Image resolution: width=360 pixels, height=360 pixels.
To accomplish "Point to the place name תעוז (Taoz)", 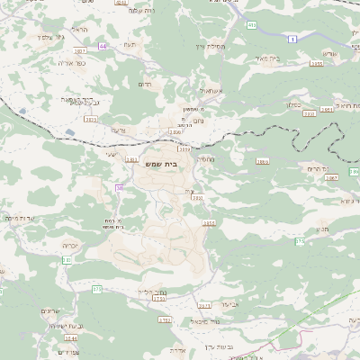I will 130,43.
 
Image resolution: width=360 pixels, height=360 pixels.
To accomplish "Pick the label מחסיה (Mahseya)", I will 206,158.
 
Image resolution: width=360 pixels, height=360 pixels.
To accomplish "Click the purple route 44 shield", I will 103,44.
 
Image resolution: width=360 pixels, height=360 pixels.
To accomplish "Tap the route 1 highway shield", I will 292,39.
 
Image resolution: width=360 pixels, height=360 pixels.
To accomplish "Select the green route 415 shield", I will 251,24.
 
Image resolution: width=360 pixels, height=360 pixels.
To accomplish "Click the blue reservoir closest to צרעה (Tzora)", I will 69,133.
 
